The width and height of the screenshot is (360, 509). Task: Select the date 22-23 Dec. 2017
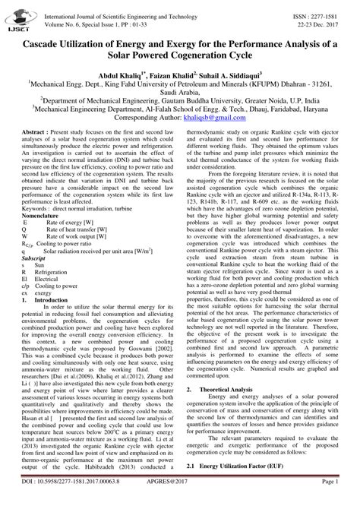[319, 17]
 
